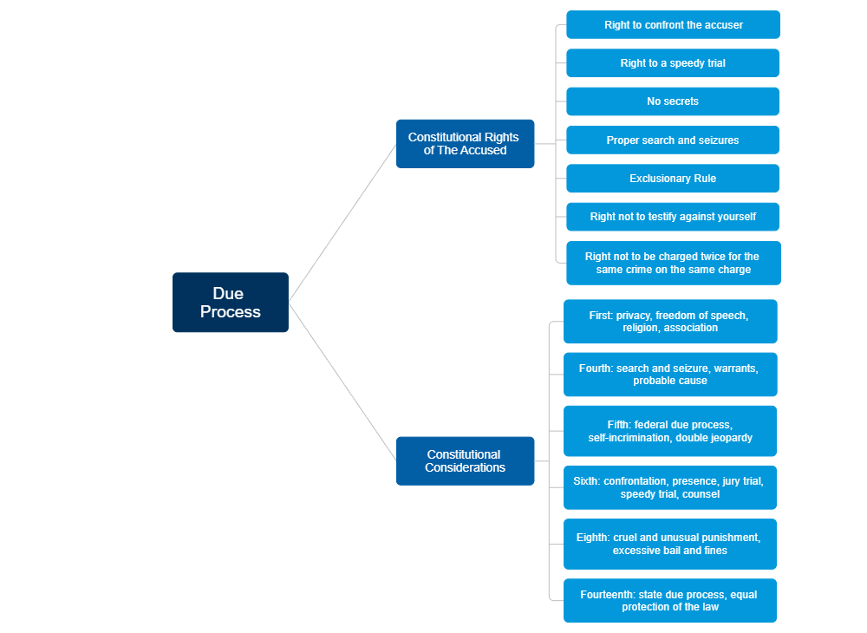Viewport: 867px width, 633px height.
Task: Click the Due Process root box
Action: coord(230,303)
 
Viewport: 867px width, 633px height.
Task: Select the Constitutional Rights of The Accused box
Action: coord(465,144)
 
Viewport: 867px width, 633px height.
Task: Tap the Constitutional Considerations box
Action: coord(465,461)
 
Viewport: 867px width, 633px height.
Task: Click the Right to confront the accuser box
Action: coord(673,25)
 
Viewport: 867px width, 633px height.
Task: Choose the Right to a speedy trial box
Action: coord(673,63)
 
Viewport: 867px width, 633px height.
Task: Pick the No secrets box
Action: coord(673,101)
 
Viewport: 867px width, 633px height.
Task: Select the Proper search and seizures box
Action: coord(673,140)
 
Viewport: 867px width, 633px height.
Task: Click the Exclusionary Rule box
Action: coord(673,179)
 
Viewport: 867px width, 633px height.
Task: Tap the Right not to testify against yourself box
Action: coord(673,217)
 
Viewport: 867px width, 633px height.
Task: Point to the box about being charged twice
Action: coord(673,263)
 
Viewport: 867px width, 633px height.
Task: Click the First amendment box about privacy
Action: coord(669,322)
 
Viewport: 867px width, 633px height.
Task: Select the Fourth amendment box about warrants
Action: coord(669,375)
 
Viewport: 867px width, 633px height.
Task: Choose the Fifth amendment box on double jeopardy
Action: coord(669,431)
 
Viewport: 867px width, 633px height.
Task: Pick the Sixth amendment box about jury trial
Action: coord(669,487)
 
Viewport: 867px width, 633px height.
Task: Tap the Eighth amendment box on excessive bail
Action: coord(669,544)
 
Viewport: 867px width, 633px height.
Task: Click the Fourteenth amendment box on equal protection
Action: coord(669,600)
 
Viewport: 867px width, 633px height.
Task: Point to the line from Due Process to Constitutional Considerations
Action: coord(342,382)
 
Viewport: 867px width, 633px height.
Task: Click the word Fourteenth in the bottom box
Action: coord(608,595)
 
